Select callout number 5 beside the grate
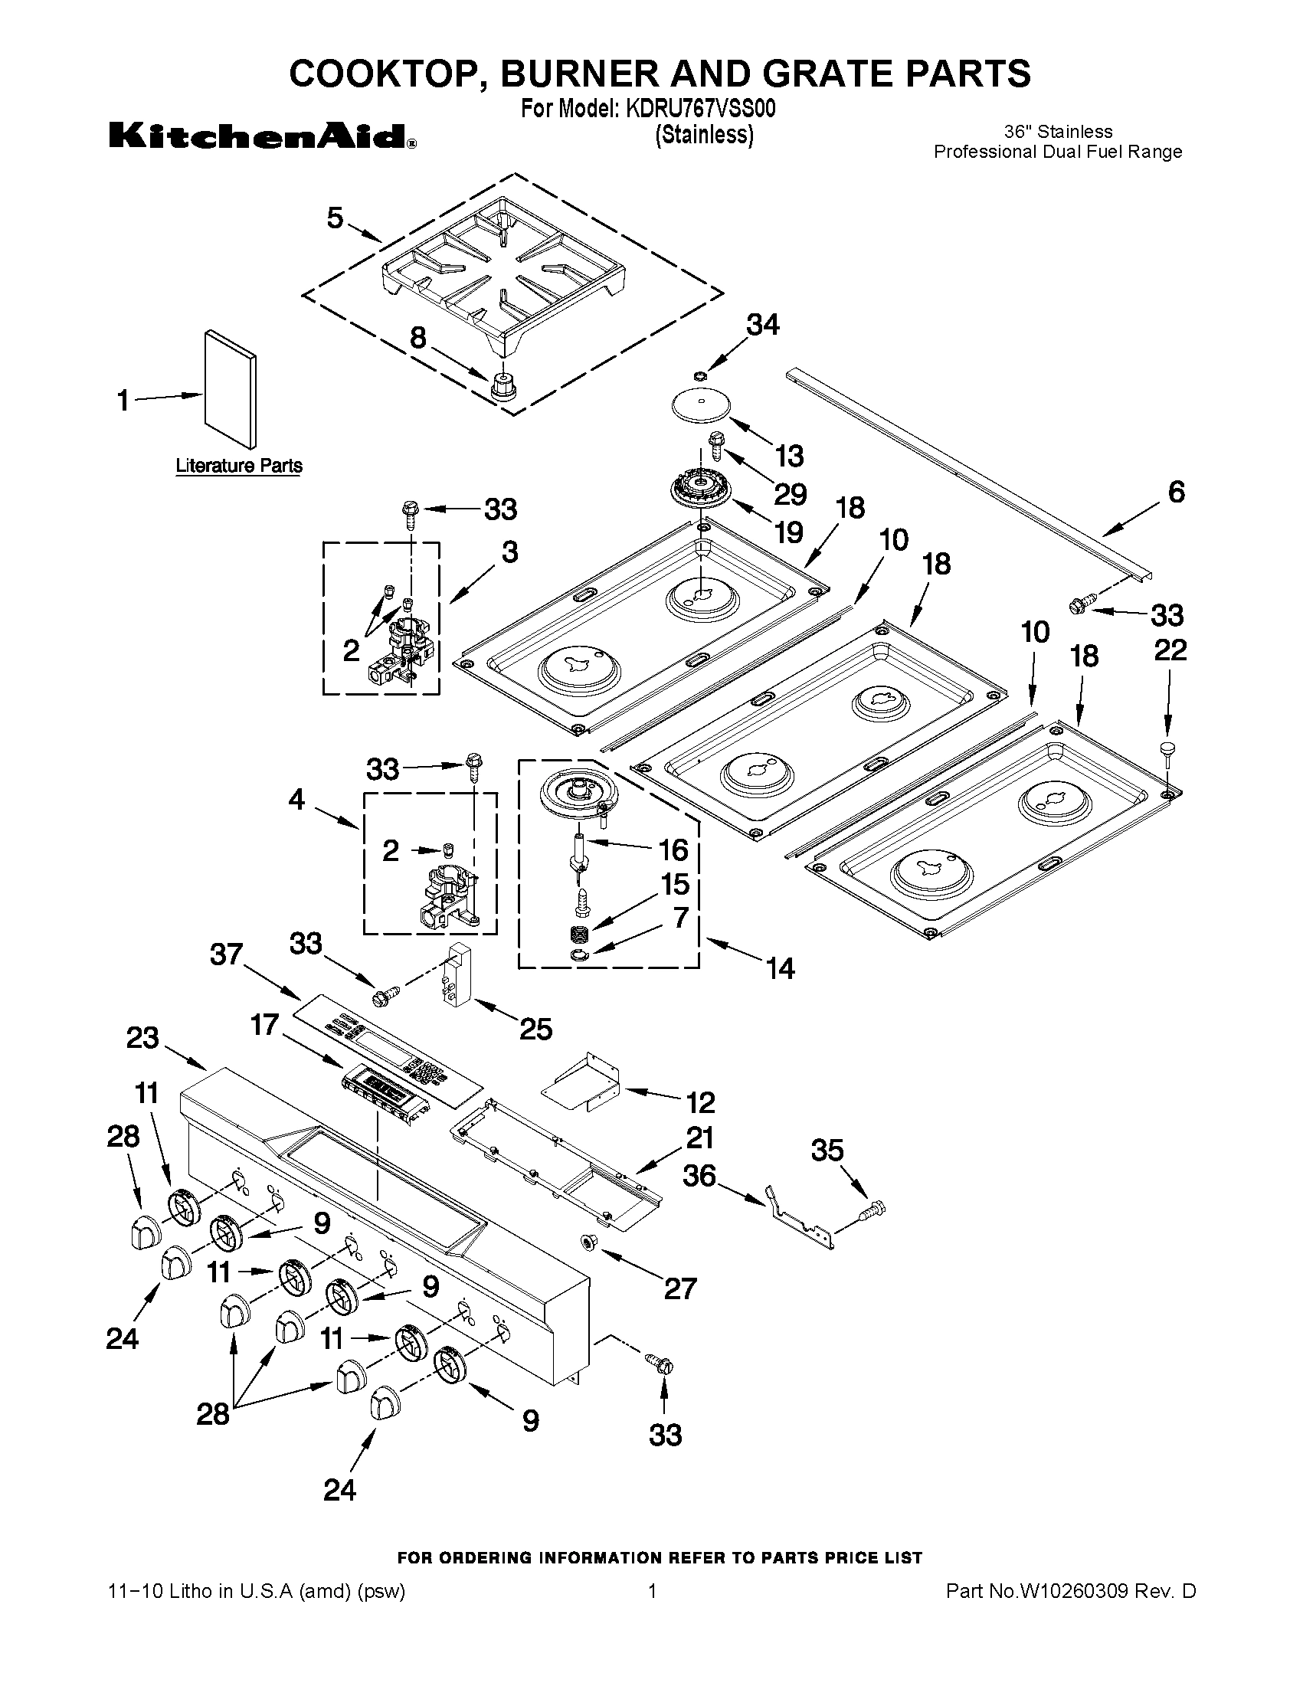click(335, 218)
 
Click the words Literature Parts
click(238, 466)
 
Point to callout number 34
click(762, 325)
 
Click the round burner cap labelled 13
click(699, 405)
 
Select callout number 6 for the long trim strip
click(1176, 492)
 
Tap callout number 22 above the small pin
click(1170, 650)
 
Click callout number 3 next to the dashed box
click(509, 552)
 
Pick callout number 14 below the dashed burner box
click(781, 968)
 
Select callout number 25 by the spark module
click(535, 1028)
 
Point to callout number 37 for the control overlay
click(227, 955)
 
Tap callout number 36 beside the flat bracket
click(699, 1176)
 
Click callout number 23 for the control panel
click(142, 1038)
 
